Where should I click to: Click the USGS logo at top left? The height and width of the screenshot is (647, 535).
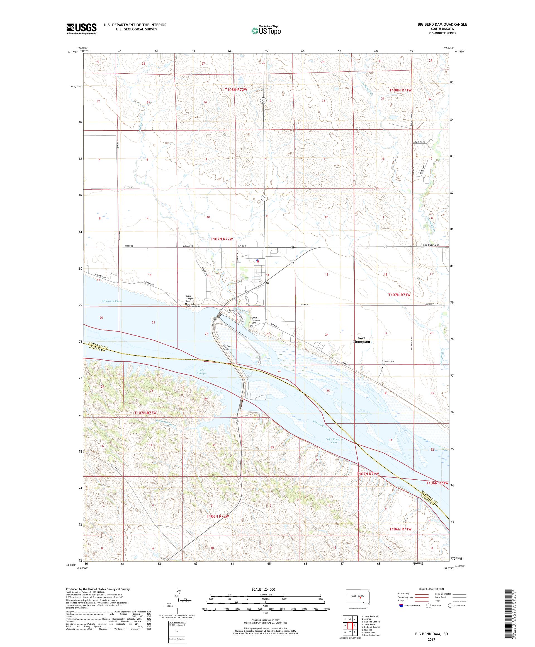(x=81, y=29)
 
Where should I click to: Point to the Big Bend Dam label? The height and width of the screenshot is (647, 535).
(x=227, y=347)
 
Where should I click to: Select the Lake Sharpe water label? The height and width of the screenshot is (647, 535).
(x=202, y=371)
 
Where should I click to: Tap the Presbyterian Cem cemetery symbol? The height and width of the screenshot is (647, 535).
(x=382, y=367)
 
